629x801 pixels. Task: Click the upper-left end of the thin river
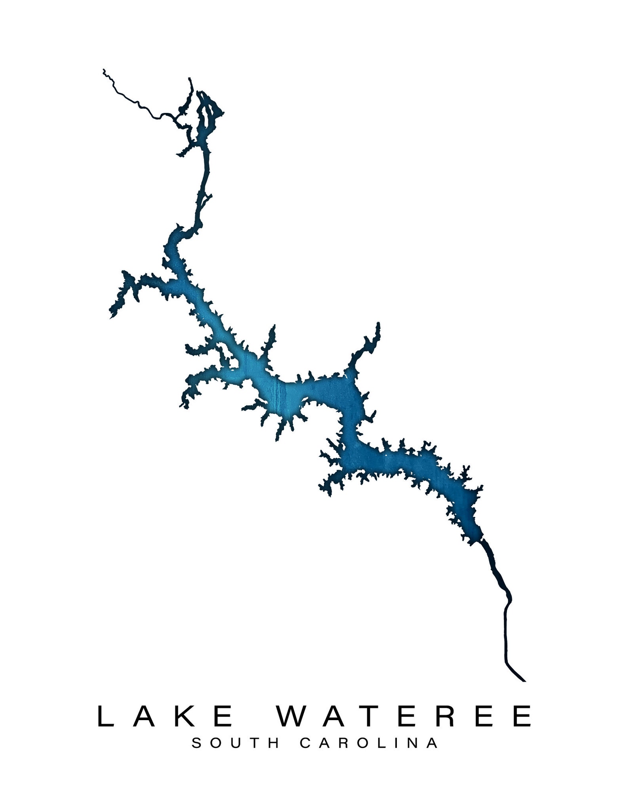pyautogui.click(x=104, y=70)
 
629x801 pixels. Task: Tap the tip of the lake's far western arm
pyautogui.click(x=111, y=317)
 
